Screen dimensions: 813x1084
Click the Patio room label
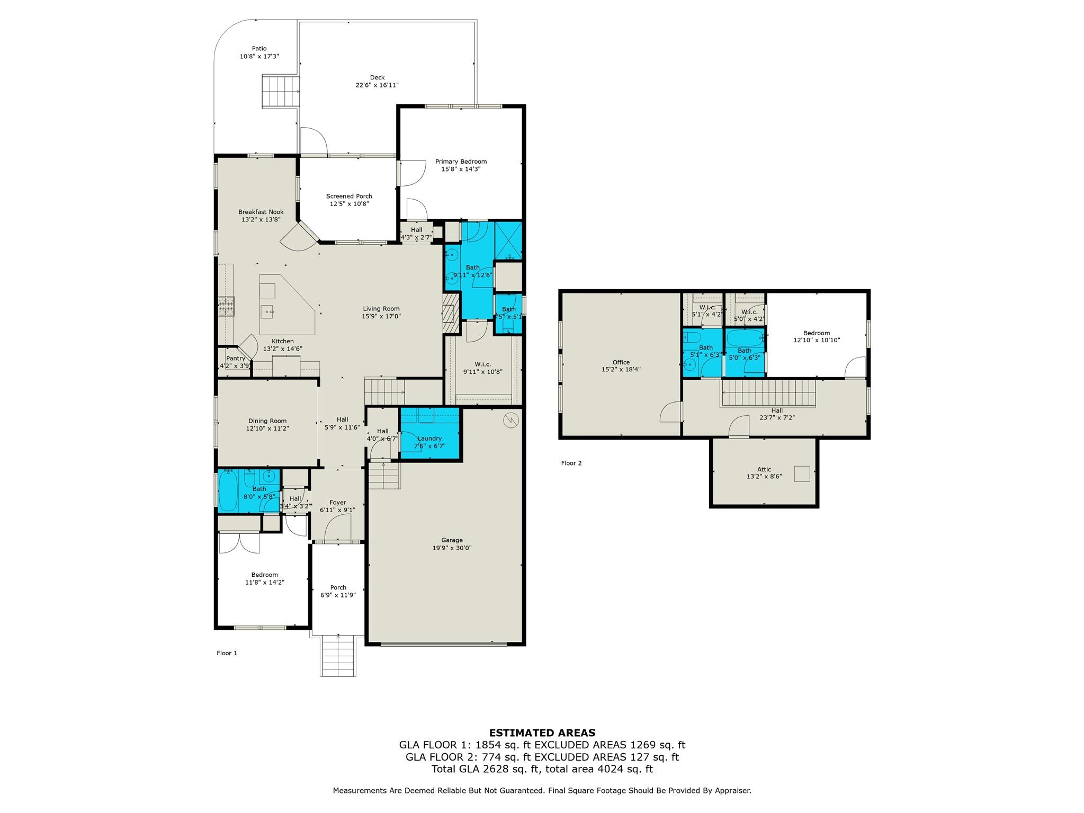point(259,49)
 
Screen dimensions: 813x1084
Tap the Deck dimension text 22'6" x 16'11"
point(377,85)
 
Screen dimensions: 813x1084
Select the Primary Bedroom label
point(461,162)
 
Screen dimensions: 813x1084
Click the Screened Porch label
point(348,196)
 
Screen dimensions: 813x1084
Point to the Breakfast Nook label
point(261,212)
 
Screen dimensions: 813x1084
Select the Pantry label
point(236,359)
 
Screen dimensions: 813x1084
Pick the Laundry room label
point(429,439)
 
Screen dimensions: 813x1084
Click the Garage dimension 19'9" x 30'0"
point(452,548)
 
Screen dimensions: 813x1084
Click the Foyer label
point(337,503)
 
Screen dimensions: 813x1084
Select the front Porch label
point(338,587)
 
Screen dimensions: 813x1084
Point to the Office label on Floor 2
point(621,362)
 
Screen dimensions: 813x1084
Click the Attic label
point(764,469)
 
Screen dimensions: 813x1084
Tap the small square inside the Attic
point(802,473)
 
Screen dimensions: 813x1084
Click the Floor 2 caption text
point(571,463)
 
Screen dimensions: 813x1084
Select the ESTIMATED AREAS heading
point(542,733)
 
